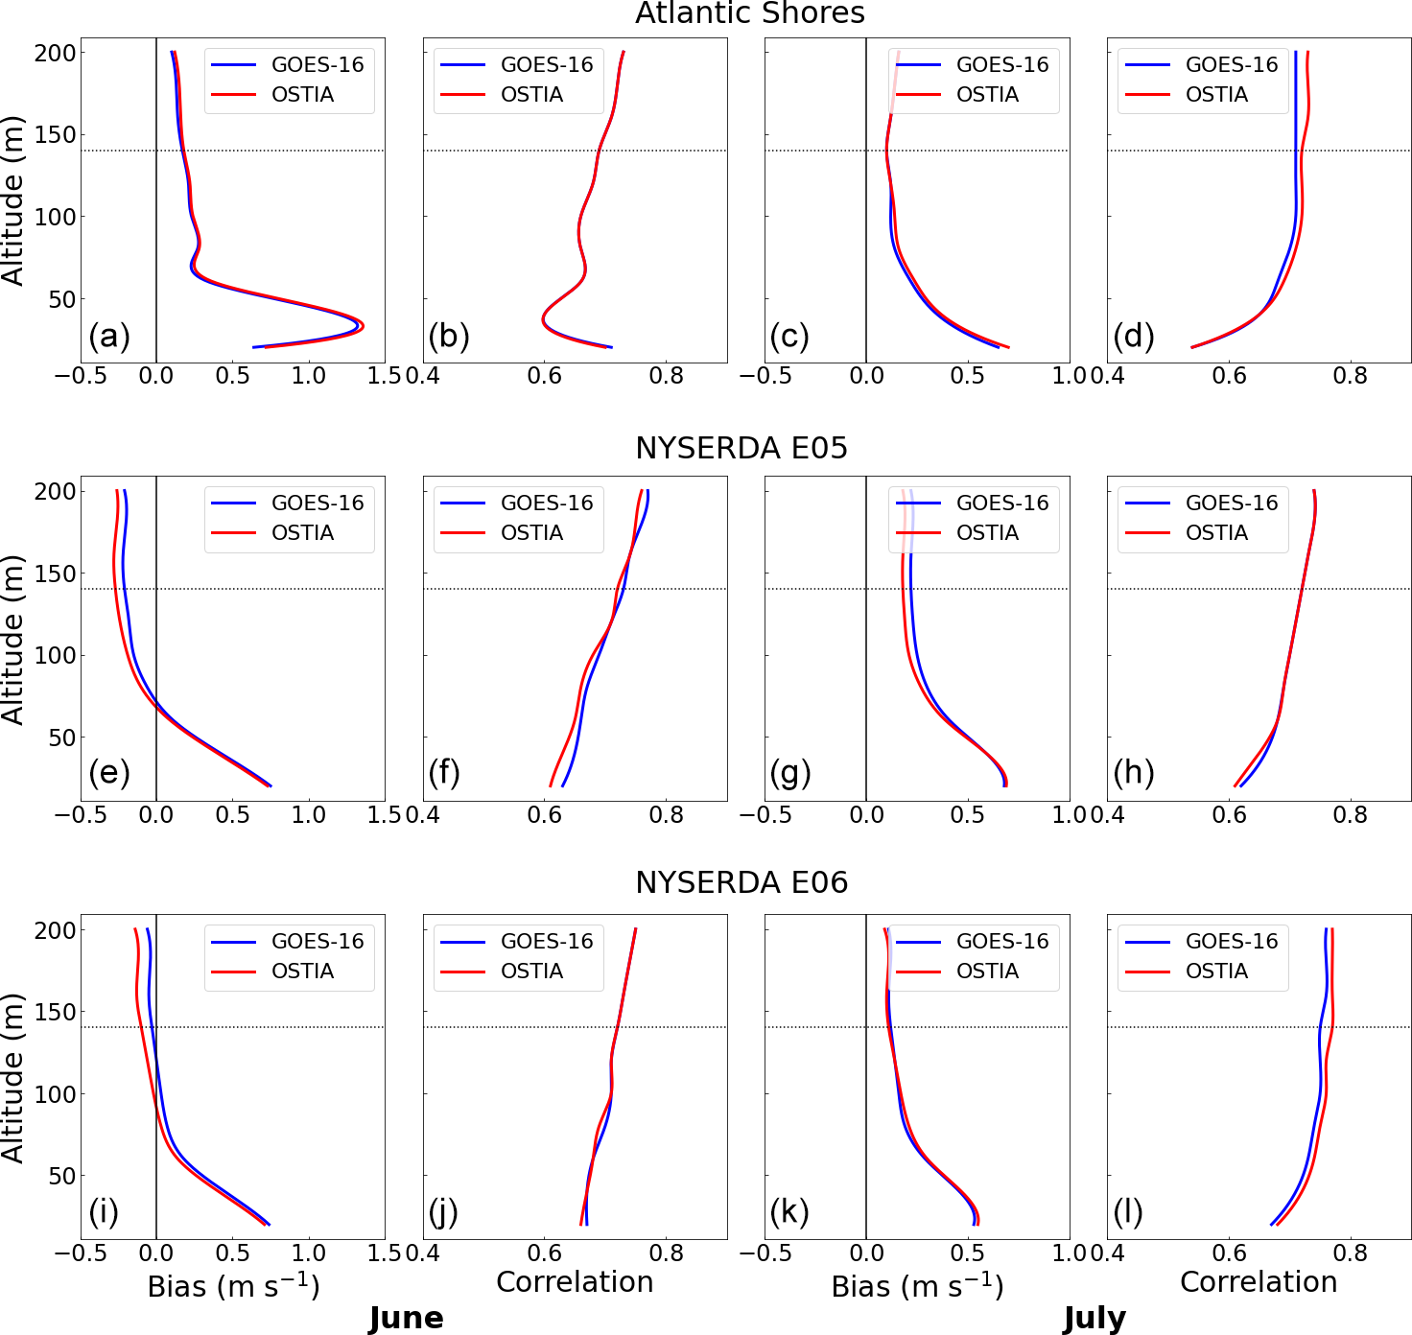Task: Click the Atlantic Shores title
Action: pyautogui.click(x=749, y=13)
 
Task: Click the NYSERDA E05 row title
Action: pyautogui.click(x=741, y=448)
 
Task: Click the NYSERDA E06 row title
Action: pyautogui.click(x=741, y=882)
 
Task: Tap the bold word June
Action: pyautogui.click(x=406, y=1319)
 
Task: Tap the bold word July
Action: pyautogui.click(x=1094, y=1319)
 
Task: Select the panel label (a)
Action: pyautogui.click(x=108, y=337)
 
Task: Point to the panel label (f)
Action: pyautogui.click(x=444, y=773)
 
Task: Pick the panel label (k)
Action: pyautogui.click(x=789, y=1212)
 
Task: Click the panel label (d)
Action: pyautogui.click(x=1133, y=337)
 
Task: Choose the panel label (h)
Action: pyautogui.click(x=1133, y=773)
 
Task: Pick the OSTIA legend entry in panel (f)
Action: pyautogui.click(x=531, y=533)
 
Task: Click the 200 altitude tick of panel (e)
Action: pyautogui.click(x=55, y=492)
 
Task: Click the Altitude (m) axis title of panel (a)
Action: pyautogui.click(x=13, y=201)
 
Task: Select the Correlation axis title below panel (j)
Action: pyautogui.click(x=575, y=1282)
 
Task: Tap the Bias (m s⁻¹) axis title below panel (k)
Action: pyautogui.click(x=917, y=1286)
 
